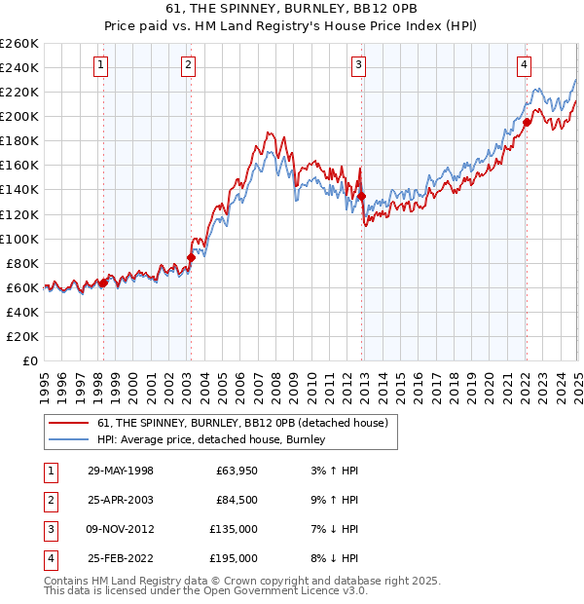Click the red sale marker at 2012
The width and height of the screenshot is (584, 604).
point(361,196)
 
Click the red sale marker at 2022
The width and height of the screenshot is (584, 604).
point(526,122)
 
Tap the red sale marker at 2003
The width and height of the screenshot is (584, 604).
point(191,257)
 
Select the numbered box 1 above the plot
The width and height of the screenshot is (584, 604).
point(101,65)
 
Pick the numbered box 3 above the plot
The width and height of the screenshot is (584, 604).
point(358,65)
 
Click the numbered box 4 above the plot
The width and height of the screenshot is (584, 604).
point(524,65)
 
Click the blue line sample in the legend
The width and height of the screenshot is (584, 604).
point(67,440)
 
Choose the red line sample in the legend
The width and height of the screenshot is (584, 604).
point(67,423)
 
